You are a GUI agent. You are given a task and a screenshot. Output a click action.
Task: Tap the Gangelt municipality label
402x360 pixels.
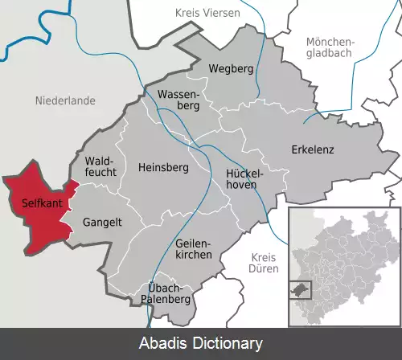tap(101, 223)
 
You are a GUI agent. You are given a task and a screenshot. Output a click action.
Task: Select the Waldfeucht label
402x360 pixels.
tap(100, 166)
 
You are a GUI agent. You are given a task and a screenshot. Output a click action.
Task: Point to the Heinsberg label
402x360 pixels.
tap(162, 168)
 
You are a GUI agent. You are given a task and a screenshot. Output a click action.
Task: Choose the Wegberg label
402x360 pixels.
tap(231, 69)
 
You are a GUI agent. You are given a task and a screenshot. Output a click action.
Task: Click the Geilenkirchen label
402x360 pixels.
tap(193, 248)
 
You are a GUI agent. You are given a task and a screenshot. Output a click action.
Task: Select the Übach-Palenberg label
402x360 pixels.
tap(169, 293)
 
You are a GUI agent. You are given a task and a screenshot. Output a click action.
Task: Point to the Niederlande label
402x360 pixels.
tap(66, 100)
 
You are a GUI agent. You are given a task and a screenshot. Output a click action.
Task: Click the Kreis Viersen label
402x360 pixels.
tap(208, 12)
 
